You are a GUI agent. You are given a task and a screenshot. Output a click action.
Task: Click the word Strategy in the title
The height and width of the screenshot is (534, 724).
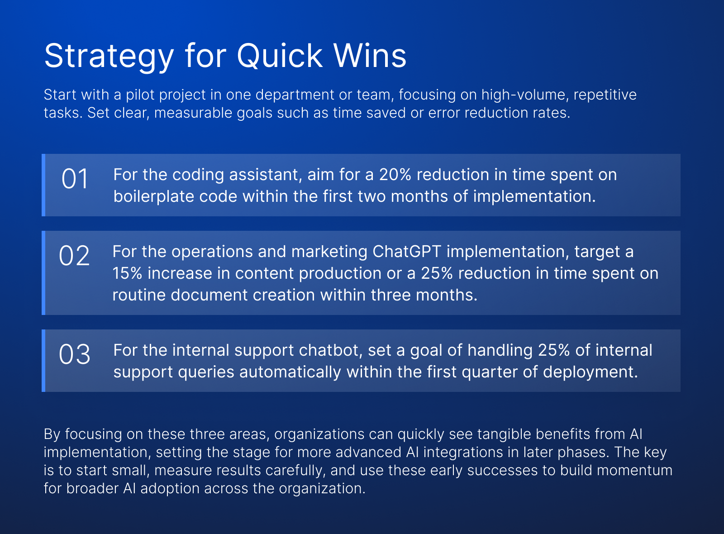point(109,57)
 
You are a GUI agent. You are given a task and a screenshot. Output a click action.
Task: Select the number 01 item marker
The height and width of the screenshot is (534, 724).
point(75,179)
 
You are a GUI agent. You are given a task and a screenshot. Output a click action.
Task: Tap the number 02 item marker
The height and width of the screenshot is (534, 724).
point(74,256)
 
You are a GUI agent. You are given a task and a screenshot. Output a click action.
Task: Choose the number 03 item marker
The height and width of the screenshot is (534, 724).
point(74,355)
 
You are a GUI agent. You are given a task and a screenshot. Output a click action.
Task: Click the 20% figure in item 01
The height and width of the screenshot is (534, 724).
point(395,175)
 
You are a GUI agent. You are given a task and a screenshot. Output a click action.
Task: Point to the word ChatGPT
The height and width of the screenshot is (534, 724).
point(407,252)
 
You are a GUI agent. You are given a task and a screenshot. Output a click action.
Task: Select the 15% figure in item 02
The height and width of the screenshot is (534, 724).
point(127,273)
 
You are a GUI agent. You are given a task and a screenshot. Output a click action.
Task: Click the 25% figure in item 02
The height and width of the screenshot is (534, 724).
point(437,273)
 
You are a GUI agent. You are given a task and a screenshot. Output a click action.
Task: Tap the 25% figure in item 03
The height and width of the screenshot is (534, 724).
point(554,350)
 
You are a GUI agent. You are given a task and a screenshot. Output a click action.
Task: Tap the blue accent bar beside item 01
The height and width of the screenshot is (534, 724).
point(43,185)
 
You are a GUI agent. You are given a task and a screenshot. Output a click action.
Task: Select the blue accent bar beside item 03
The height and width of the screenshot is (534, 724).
point(43,361)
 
